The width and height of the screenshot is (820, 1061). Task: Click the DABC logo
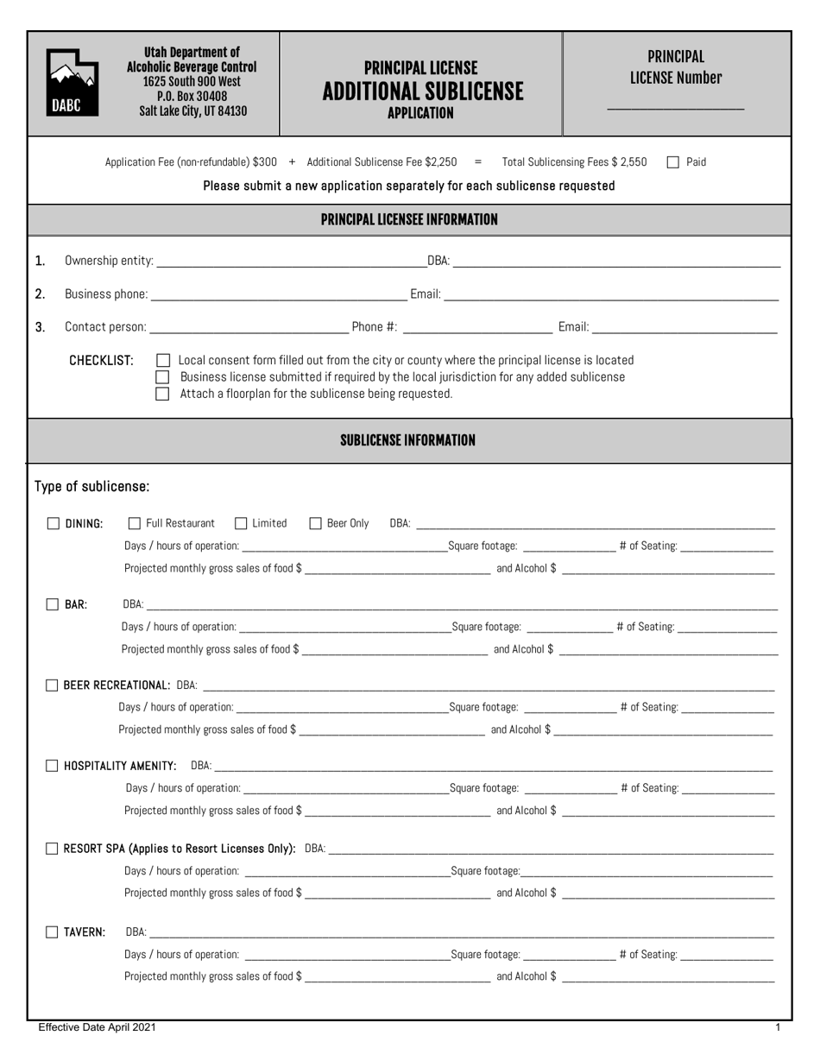[72, 83]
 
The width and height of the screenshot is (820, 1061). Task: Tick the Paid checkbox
[674, 162]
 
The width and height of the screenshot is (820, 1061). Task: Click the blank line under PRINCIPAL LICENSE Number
[676, 108]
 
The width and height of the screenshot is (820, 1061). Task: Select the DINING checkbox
[54, 523]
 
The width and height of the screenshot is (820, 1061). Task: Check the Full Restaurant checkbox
[134, 523]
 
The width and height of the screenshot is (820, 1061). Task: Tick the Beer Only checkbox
[315, 523]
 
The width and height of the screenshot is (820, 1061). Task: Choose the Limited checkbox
[241, 523]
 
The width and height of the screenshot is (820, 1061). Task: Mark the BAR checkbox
[53, 605]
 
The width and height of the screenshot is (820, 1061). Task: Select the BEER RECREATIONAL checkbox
[52, 685]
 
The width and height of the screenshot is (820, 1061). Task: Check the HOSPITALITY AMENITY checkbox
[52, 766]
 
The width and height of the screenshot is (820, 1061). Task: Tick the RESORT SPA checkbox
[52, 849]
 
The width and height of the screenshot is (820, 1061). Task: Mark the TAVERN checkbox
[53, 932]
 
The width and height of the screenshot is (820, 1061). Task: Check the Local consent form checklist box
[162, 360]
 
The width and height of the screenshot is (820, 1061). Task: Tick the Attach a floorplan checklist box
[162, 395]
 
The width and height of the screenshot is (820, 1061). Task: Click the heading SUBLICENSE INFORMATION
[407, 440]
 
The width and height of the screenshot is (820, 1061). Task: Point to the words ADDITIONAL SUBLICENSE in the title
[422, 92]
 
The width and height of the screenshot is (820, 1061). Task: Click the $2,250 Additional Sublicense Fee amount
[439, 162]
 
